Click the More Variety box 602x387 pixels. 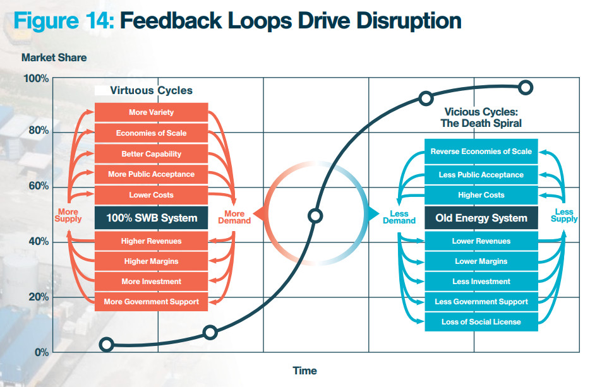pos(151,112)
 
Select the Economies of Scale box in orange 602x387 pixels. pos(151,133)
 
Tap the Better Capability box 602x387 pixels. pos(151,154)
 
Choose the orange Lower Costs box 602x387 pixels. pos(151,195)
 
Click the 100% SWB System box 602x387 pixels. pos(151,218)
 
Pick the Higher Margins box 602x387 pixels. pos(151,261)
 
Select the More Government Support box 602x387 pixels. pos(151,302)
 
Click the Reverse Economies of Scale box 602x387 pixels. pos(481,152)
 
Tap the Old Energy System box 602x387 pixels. pos(481,218)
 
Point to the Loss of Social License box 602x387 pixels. pos(481,322)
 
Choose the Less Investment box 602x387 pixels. pos(481,282)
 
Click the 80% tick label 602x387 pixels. pos(39,131)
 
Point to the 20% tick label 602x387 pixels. pos(39,297)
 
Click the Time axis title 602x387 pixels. pos(305,371)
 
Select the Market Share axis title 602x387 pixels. pos(54,57)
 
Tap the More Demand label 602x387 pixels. pos(234,217)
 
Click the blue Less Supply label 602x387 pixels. pos(564,215)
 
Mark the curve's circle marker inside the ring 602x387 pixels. pos(315,216)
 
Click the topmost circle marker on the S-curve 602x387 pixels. pos(526,88)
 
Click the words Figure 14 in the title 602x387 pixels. pos(64,21)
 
